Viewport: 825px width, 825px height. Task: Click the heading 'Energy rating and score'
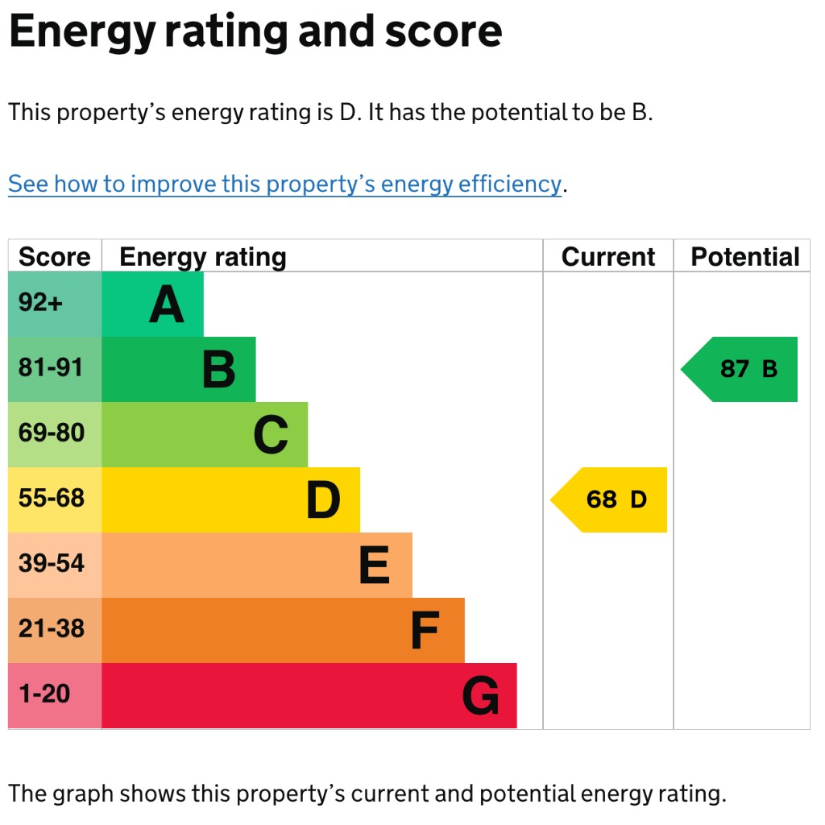pos(255,32)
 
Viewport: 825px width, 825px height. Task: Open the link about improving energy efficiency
pos(284,184)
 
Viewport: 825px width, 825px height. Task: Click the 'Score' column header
pos(55,257)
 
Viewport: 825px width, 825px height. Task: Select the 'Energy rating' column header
pos(202,257)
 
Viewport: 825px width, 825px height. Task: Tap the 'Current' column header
pos(608,257)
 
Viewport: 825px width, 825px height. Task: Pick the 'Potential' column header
pos(745,257)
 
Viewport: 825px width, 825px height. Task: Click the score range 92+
pos(40,304)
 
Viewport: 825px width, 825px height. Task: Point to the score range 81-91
pos(51,368)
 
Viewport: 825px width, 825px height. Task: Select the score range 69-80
pos(51,433)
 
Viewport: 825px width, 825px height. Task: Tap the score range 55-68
pos(51,499)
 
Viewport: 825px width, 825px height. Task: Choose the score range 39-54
pos(51,564)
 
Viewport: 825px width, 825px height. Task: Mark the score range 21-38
pos(51,629)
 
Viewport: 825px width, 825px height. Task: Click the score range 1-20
pos(44,694)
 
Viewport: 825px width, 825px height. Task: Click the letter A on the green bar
pos(167,305)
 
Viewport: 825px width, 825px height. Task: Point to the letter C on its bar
pos(271,436)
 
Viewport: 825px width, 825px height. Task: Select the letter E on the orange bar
pos(374,566)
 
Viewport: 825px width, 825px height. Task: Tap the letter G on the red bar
pos(480,696)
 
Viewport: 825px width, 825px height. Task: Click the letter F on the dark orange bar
pos(425,631)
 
